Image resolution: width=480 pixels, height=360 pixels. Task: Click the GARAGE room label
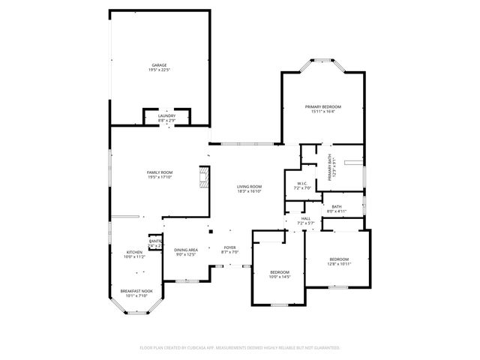(159, 65)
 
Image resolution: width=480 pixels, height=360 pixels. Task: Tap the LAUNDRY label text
(166, 115)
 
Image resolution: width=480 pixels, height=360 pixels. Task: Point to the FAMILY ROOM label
(159, 172)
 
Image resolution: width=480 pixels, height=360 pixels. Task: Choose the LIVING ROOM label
(249, 186)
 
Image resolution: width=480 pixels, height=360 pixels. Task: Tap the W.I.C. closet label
(302, 183)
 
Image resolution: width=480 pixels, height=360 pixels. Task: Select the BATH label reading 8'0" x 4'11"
(337, 206)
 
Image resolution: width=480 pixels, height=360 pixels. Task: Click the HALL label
(305, 218)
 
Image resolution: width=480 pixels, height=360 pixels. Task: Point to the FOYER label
(230, 248)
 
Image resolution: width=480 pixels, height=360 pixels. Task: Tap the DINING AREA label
(186, 250)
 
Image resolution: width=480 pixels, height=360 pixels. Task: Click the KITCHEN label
(134, 252)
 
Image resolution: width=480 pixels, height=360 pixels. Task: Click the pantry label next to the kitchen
(155, 241)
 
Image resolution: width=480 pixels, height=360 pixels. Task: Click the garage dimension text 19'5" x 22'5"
(159, 70)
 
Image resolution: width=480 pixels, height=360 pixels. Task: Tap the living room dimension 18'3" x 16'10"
(249, 191)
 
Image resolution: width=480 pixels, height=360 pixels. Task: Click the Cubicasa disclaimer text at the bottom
(240, 348)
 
